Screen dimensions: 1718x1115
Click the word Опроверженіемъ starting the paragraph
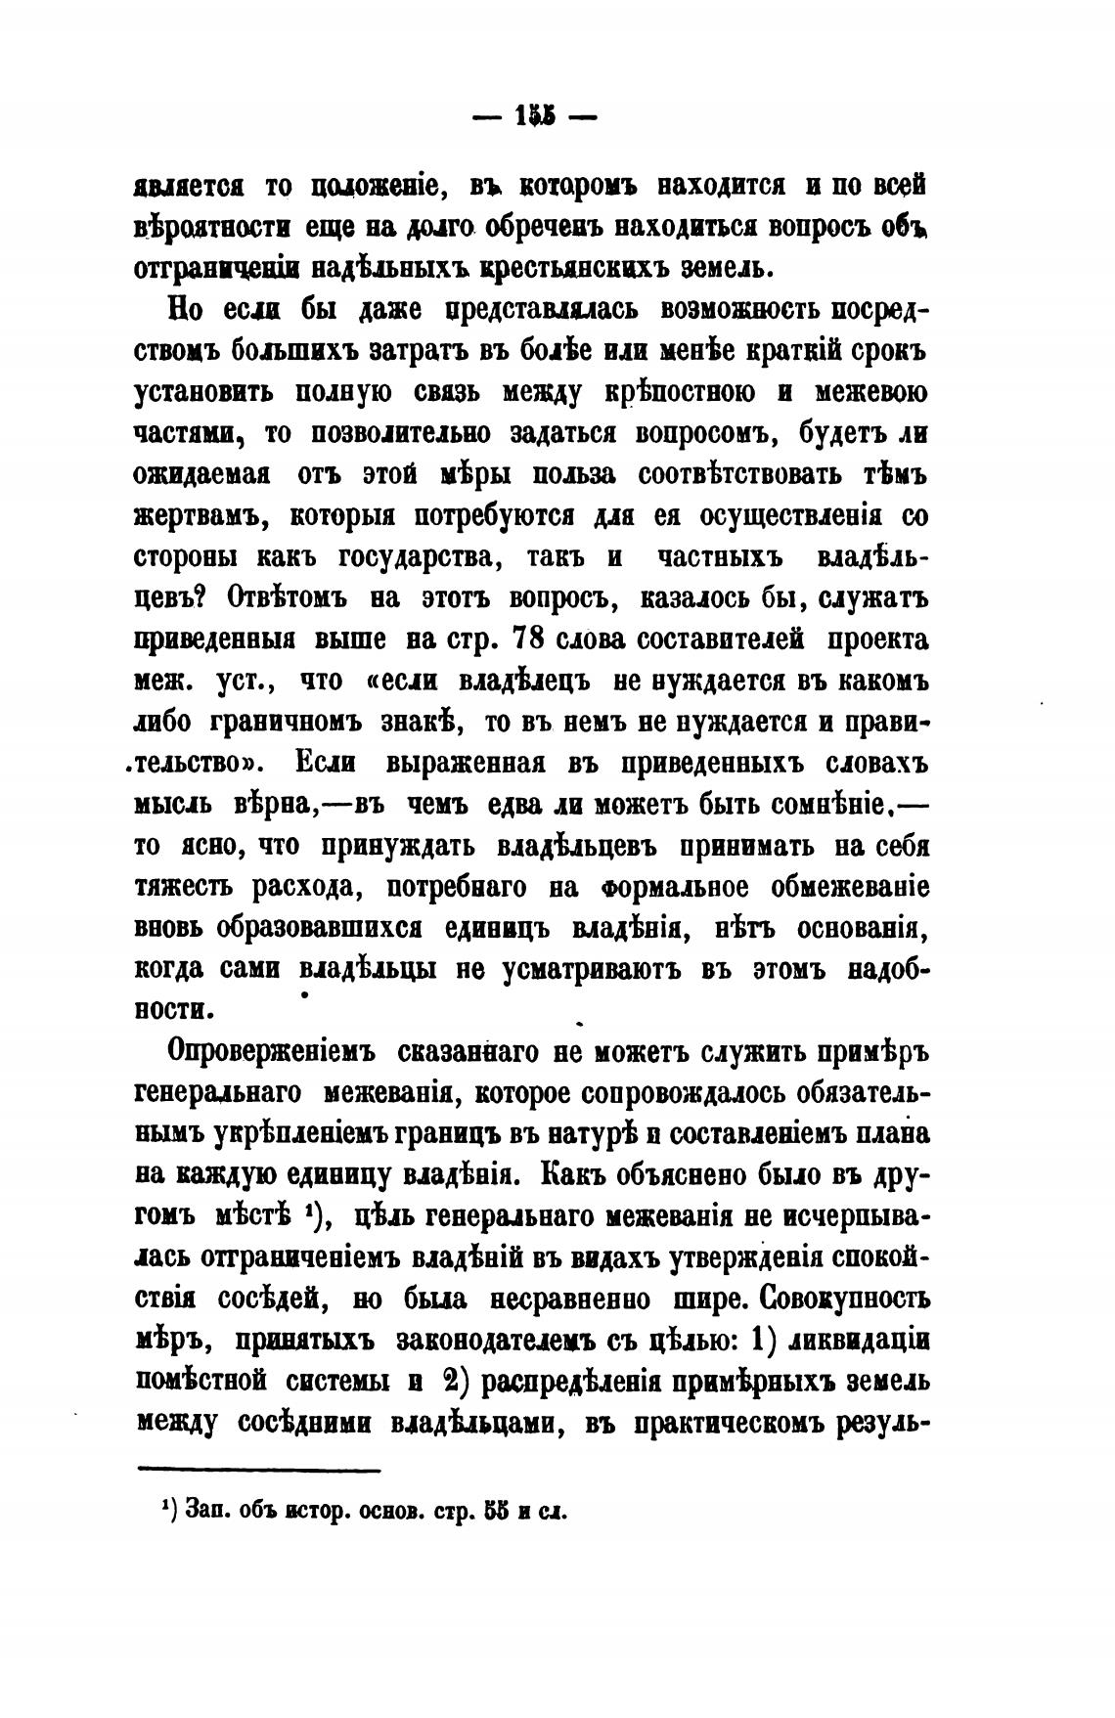pos(275,1053)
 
